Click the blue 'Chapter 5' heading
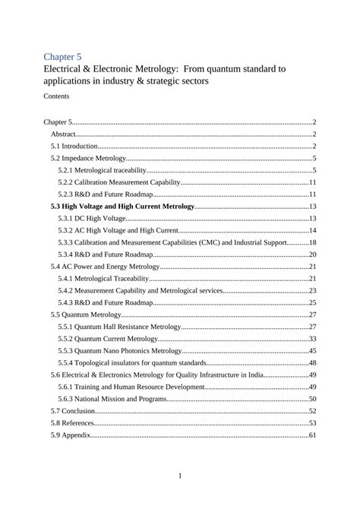(x=62, y=56)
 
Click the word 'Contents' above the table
(x=56, y=96)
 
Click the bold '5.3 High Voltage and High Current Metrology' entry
(x=122, y=206)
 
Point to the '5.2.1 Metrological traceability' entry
(x=102, y=170)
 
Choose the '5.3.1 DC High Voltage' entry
(x=87, y=218)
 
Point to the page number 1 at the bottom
(x=180, y=476)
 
